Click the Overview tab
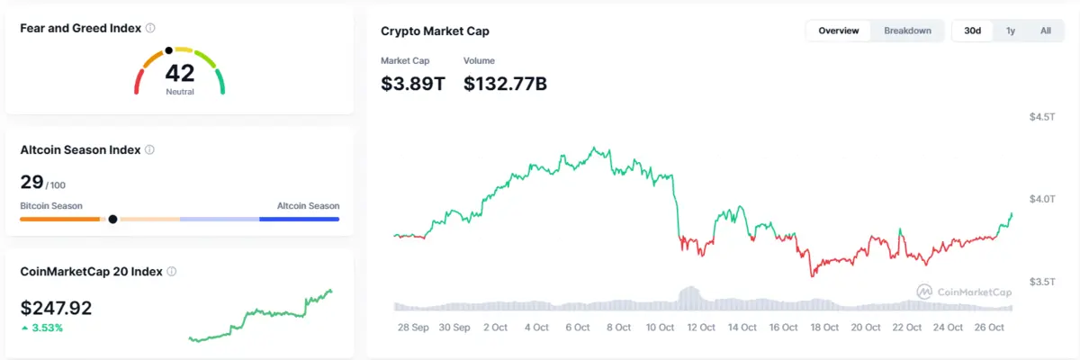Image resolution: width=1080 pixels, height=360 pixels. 838,31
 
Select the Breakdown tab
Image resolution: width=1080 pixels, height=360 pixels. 907,31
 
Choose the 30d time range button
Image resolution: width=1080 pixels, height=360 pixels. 972,31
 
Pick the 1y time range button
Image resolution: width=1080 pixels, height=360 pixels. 1011,31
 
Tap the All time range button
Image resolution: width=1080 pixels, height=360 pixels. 1045,31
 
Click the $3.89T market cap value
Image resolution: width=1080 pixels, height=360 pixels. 413,84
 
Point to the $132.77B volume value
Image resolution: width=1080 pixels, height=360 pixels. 505,84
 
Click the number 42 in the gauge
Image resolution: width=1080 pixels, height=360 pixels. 180,74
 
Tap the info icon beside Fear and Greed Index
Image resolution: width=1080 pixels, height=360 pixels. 149,28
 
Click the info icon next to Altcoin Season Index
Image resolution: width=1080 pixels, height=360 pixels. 149,150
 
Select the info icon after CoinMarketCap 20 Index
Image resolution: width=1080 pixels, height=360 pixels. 172,271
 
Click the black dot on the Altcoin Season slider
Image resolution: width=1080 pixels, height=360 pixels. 112,219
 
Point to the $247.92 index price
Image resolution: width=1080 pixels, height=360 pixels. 56,308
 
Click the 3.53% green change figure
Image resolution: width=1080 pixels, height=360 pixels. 47,328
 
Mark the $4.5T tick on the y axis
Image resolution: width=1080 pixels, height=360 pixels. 1042,117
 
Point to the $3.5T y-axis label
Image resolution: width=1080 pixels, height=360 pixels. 1042,282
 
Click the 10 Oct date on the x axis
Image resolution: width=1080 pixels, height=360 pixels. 661,328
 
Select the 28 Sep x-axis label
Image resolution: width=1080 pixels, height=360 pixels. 413,328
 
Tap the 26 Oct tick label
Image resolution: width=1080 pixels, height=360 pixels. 990,328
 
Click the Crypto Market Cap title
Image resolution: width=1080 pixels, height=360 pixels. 435,31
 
